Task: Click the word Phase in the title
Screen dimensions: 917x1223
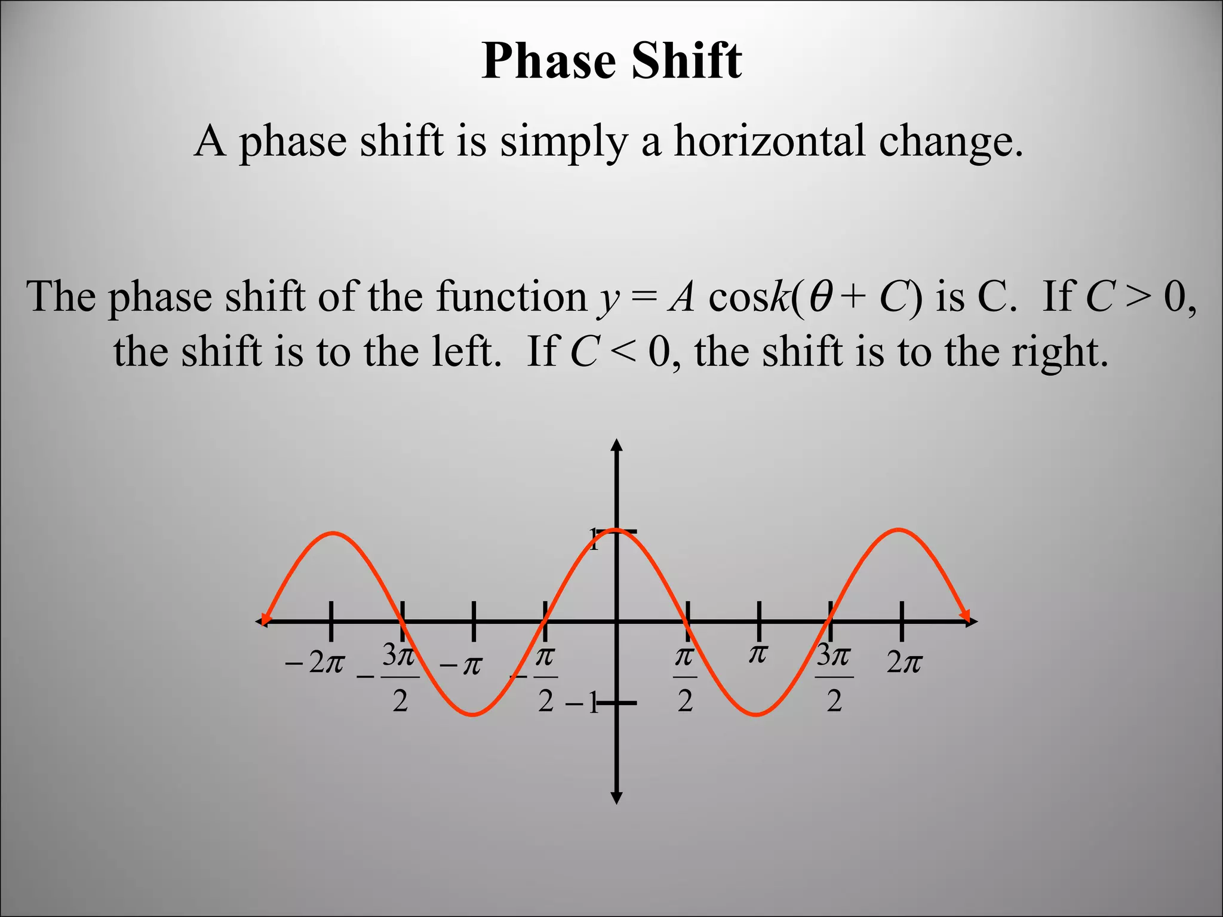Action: click(549, 61)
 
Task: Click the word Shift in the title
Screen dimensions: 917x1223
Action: click(687, 61)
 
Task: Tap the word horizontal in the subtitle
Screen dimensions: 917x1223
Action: click(770, 141)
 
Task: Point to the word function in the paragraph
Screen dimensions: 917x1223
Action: click(511, 297)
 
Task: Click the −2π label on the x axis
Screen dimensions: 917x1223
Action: click(315, 663)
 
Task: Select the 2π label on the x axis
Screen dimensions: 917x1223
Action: click(904, 663)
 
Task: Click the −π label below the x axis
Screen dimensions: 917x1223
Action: click(460, 665)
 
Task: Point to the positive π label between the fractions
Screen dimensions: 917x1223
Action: click(758, 655)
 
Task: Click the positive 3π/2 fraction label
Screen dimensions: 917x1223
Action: click(834, 678)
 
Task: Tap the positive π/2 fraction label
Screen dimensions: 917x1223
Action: click(685, 678)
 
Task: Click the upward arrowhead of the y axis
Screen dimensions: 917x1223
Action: click(617, 445)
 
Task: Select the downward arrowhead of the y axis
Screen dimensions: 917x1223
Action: click(617, 798)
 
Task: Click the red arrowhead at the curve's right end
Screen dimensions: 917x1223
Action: click(964, 615)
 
